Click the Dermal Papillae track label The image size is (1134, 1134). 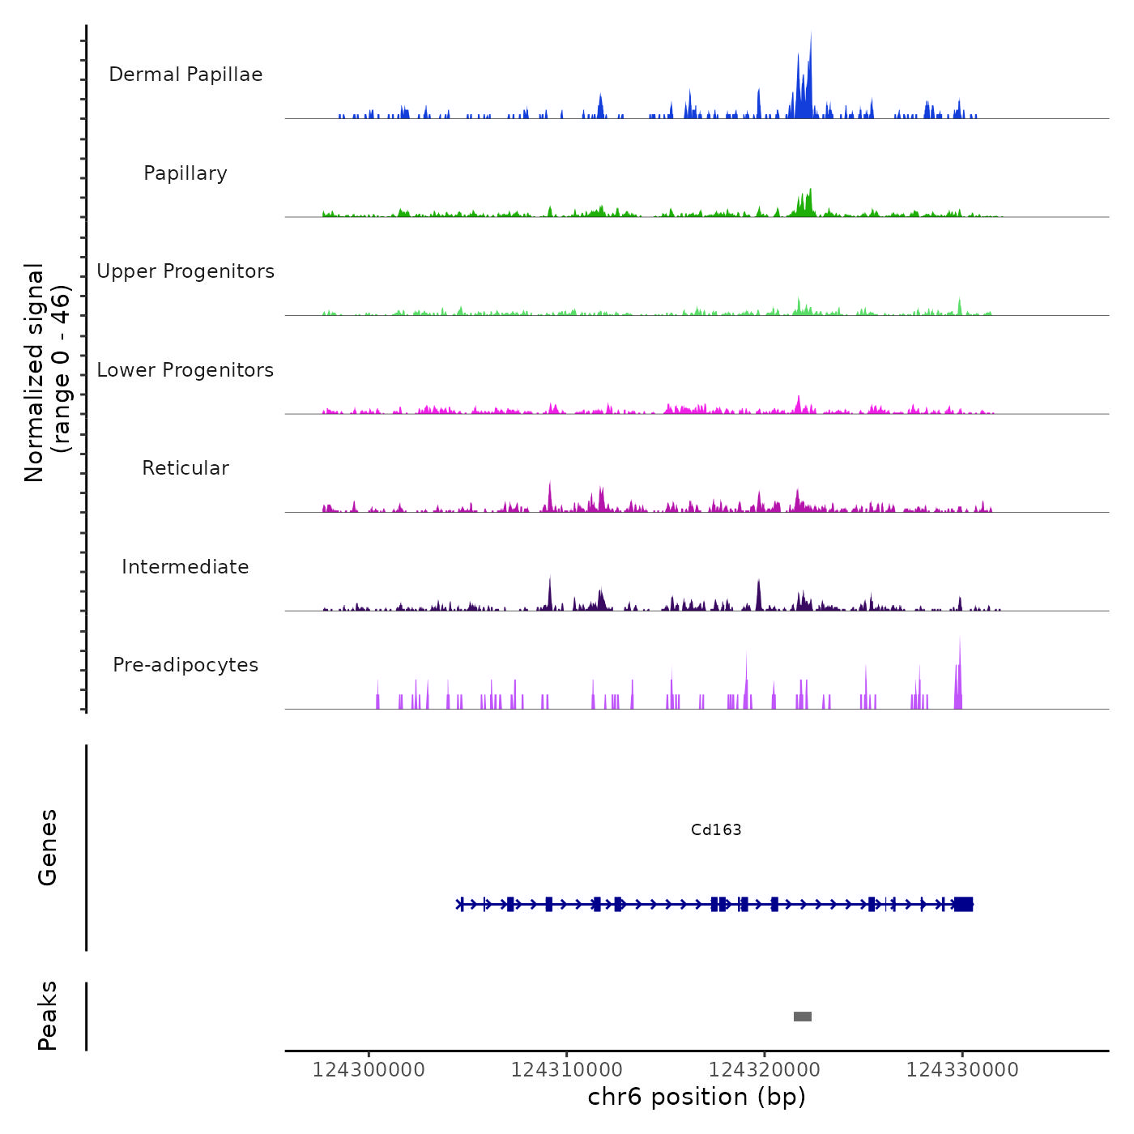[185, 75]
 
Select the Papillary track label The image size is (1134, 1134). [185, 173]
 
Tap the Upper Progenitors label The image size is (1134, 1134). [185, 271]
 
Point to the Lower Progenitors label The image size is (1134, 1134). [185, 370]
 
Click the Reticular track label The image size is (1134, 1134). [185, 468]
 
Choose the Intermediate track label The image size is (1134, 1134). [185, 567]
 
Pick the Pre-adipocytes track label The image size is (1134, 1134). [185, 665]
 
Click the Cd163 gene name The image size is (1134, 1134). [716, 829]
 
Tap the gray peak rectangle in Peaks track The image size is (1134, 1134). [803, 1017]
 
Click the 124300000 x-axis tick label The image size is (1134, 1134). [369, 1069]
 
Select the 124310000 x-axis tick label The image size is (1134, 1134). [567, 1069]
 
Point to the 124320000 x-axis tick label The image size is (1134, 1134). [765, 1069]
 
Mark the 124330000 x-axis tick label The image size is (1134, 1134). [962, 1069]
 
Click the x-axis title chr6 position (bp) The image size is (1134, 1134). [697, 1097]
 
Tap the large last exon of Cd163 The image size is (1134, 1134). [963, 904]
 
